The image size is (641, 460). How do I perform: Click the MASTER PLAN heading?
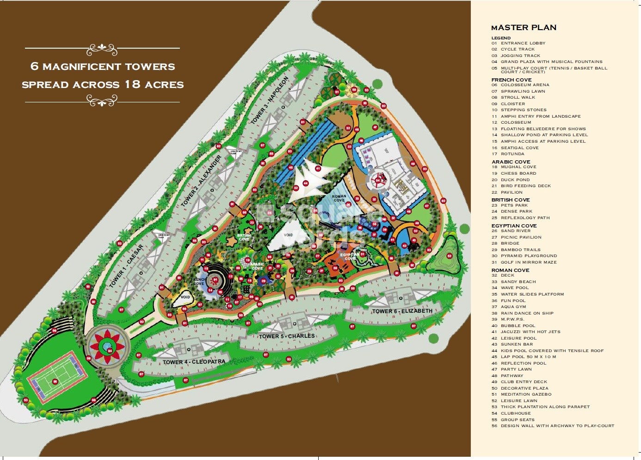[524, 27]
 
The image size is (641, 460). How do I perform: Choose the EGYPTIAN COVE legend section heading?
[514, 226]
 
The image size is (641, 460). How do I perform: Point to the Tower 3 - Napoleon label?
[270, 100]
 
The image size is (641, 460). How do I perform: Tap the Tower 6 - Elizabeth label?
[402, 311]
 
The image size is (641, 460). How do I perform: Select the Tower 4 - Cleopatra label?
[194, 362]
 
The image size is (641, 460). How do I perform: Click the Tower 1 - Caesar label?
[126, 266]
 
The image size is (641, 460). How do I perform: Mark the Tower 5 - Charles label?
[287, 336]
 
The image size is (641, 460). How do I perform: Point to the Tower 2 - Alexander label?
[201, 181]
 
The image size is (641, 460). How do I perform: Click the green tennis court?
[56, 381]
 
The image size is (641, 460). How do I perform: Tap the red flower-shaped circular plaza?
[107, 346]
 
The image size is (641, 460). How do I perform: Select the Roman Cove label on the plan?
[339, 198]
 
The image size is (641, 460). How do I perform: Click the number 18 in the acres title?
[132, 85]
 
